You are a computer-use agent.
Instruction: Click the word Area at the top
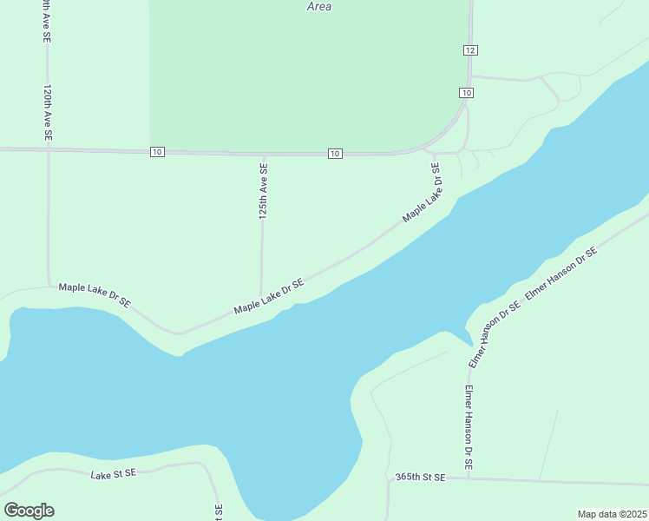[319, 6]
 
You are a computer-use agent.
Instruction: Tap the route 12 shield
[469, 50]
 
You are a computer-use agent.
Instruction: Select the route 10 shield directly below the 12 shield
[466, 93]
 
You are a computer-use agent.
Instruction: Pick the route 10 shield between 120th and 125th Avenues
[157, 152]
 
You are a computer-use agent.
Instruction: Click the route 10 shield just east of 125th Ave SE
[335, 154]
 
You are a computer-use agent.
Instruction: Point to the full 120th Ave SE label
[48, 113]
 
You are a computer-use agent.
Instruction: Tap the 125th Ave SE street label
[263, 189]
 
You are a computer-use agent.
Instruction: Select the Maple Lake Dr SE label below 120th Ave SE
[95, 294]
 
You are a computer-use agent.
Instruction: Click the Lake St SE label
[114, 473]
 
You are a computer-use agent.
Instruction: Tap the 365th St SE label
[420, 478]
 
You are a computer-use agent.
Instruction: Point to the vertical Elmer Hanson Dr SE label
[469, 428]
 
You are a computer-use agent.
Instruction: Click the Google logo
[29, 511]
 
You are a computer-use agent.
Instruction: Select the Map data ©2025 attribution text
[612, 513]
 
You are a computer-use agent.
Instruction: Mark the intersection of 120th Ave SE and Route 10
[48, 150]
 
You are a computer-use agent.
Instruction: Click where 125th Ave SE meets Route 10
[263, 154]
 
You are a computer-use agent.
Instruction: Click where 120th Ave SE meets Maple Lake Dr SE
[49, 285]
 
